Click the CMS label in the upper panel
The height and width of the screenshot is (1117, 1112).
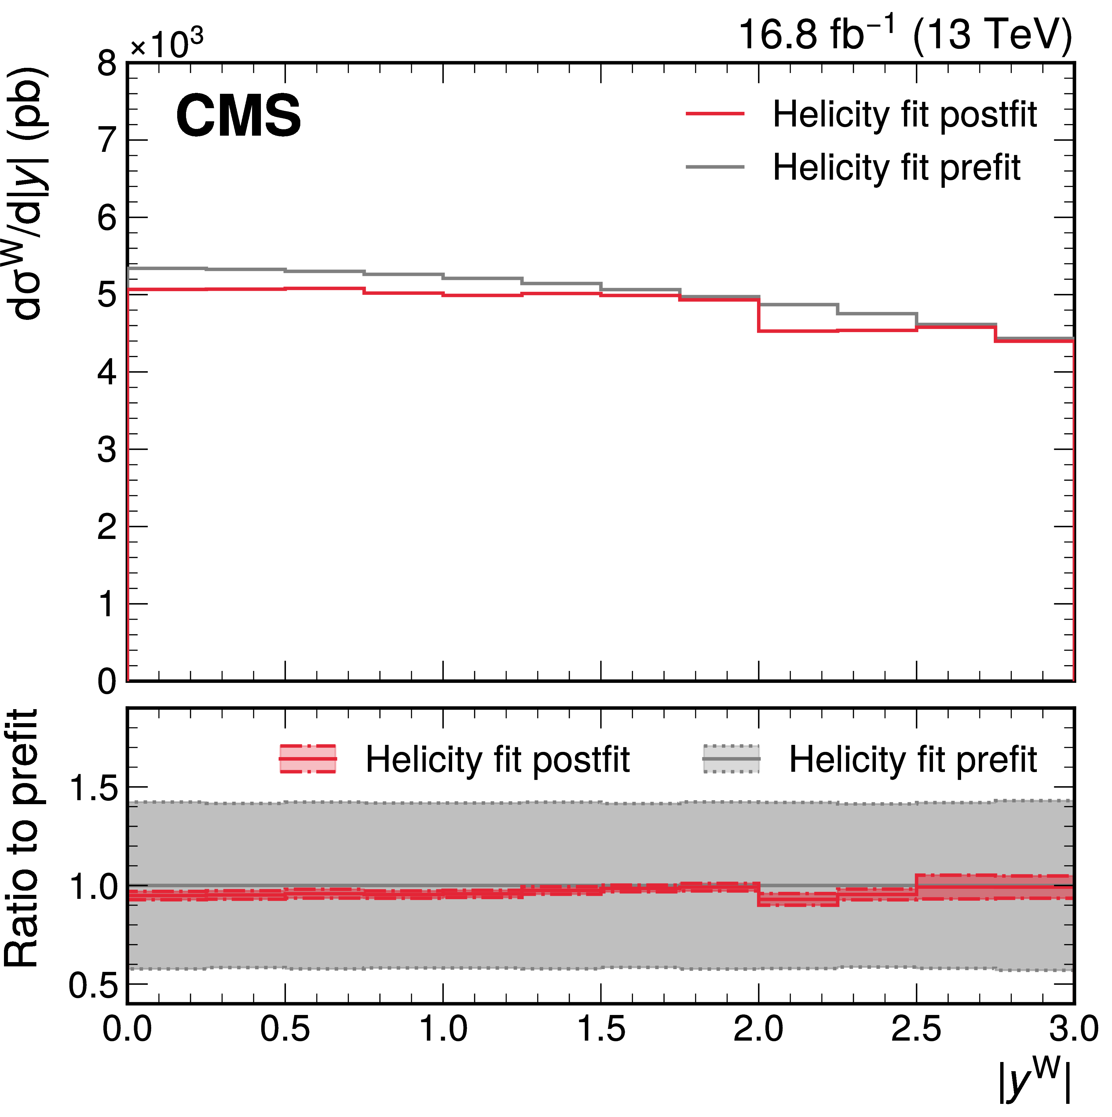(x=238, y=116)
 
